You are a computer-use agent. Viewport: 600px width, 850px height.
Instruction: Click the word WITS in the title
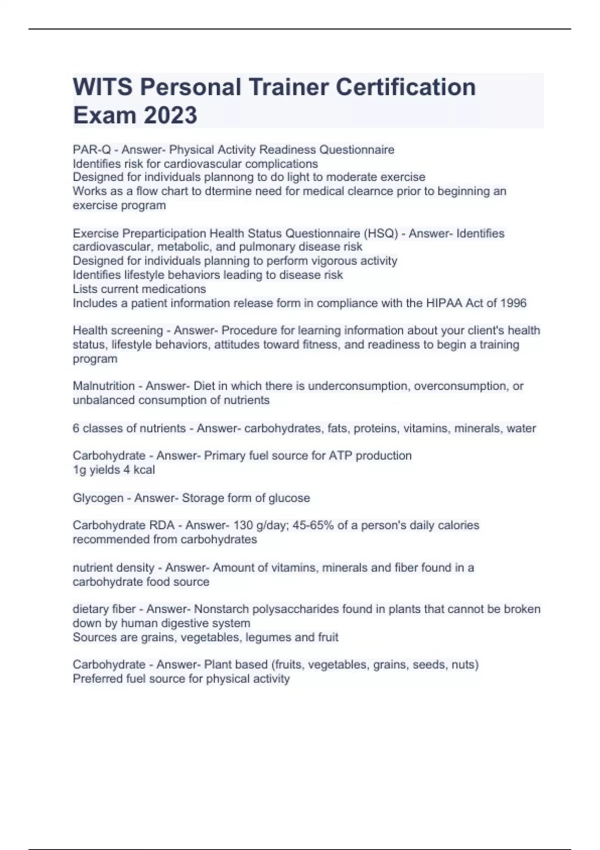pyautogui.click(x=102, y=87)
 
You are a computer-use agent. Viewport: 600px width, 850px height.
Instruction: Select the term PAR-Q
pyautogui.click(x=91, y=149)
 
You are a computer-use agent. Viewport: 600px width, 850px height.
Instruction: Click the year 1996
pyautogui.click(x=512, y=303)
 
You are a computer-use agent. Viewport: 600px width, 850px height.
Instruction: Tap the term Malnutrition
pyautogui.click(x=103, y=386)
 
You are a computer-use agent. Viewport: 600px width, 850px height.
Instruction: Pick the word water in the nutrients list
pyautogui.click(x=521, y=428)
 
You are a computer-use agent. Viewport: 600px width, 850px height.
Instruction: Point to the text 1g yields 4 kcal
pyautogui.click(x=114, y=470)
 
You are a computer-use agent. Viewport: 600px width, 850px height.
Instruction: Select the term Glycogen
pyautogui.click(x=98, y=498)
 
